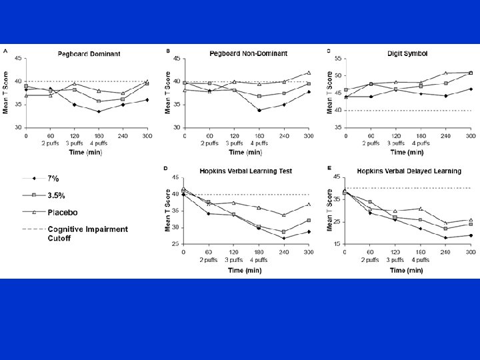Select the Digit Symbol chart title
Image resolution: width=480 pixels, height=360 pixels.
[403, 53]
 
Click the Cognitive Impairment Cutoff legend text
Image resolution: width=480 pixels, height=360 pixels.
[87, 233]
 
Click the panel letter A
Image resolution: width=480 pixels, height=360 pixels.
[5, 51]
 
